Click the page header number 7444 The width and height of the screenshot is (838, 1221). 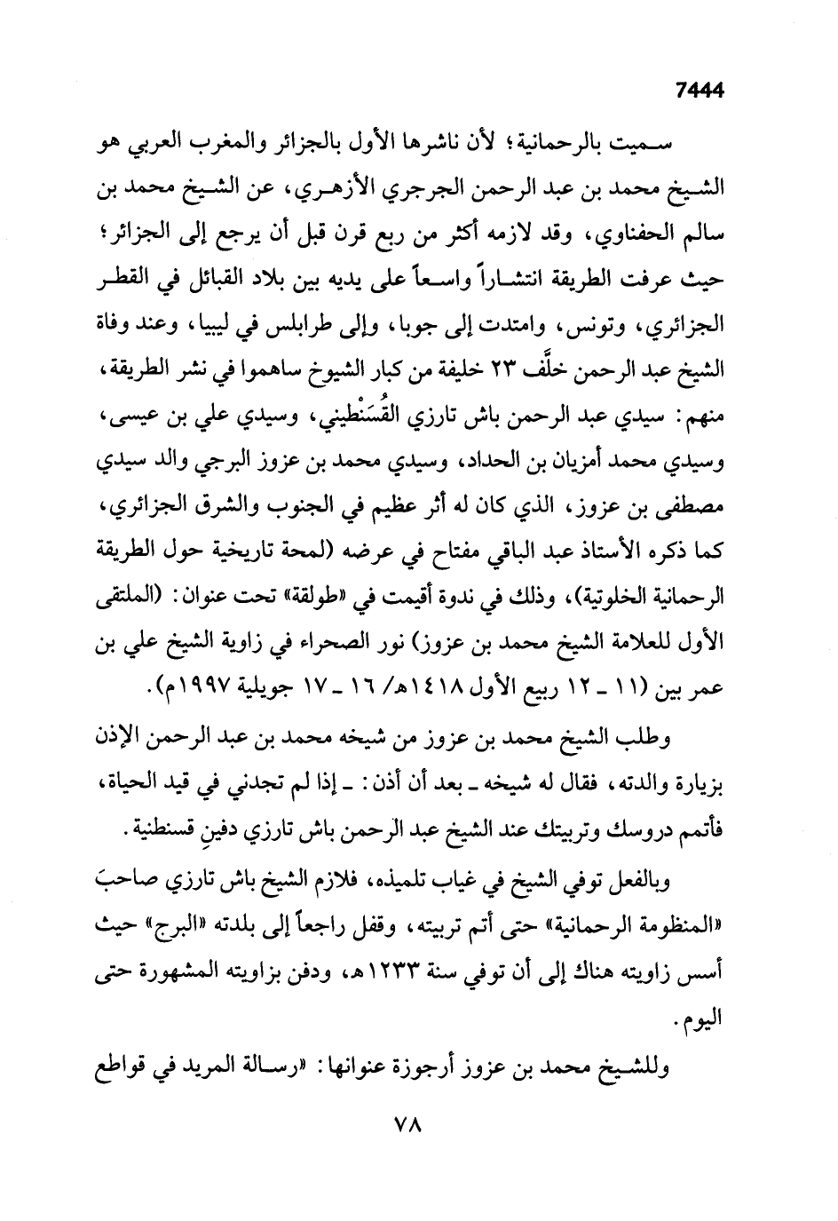point(700,89)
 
